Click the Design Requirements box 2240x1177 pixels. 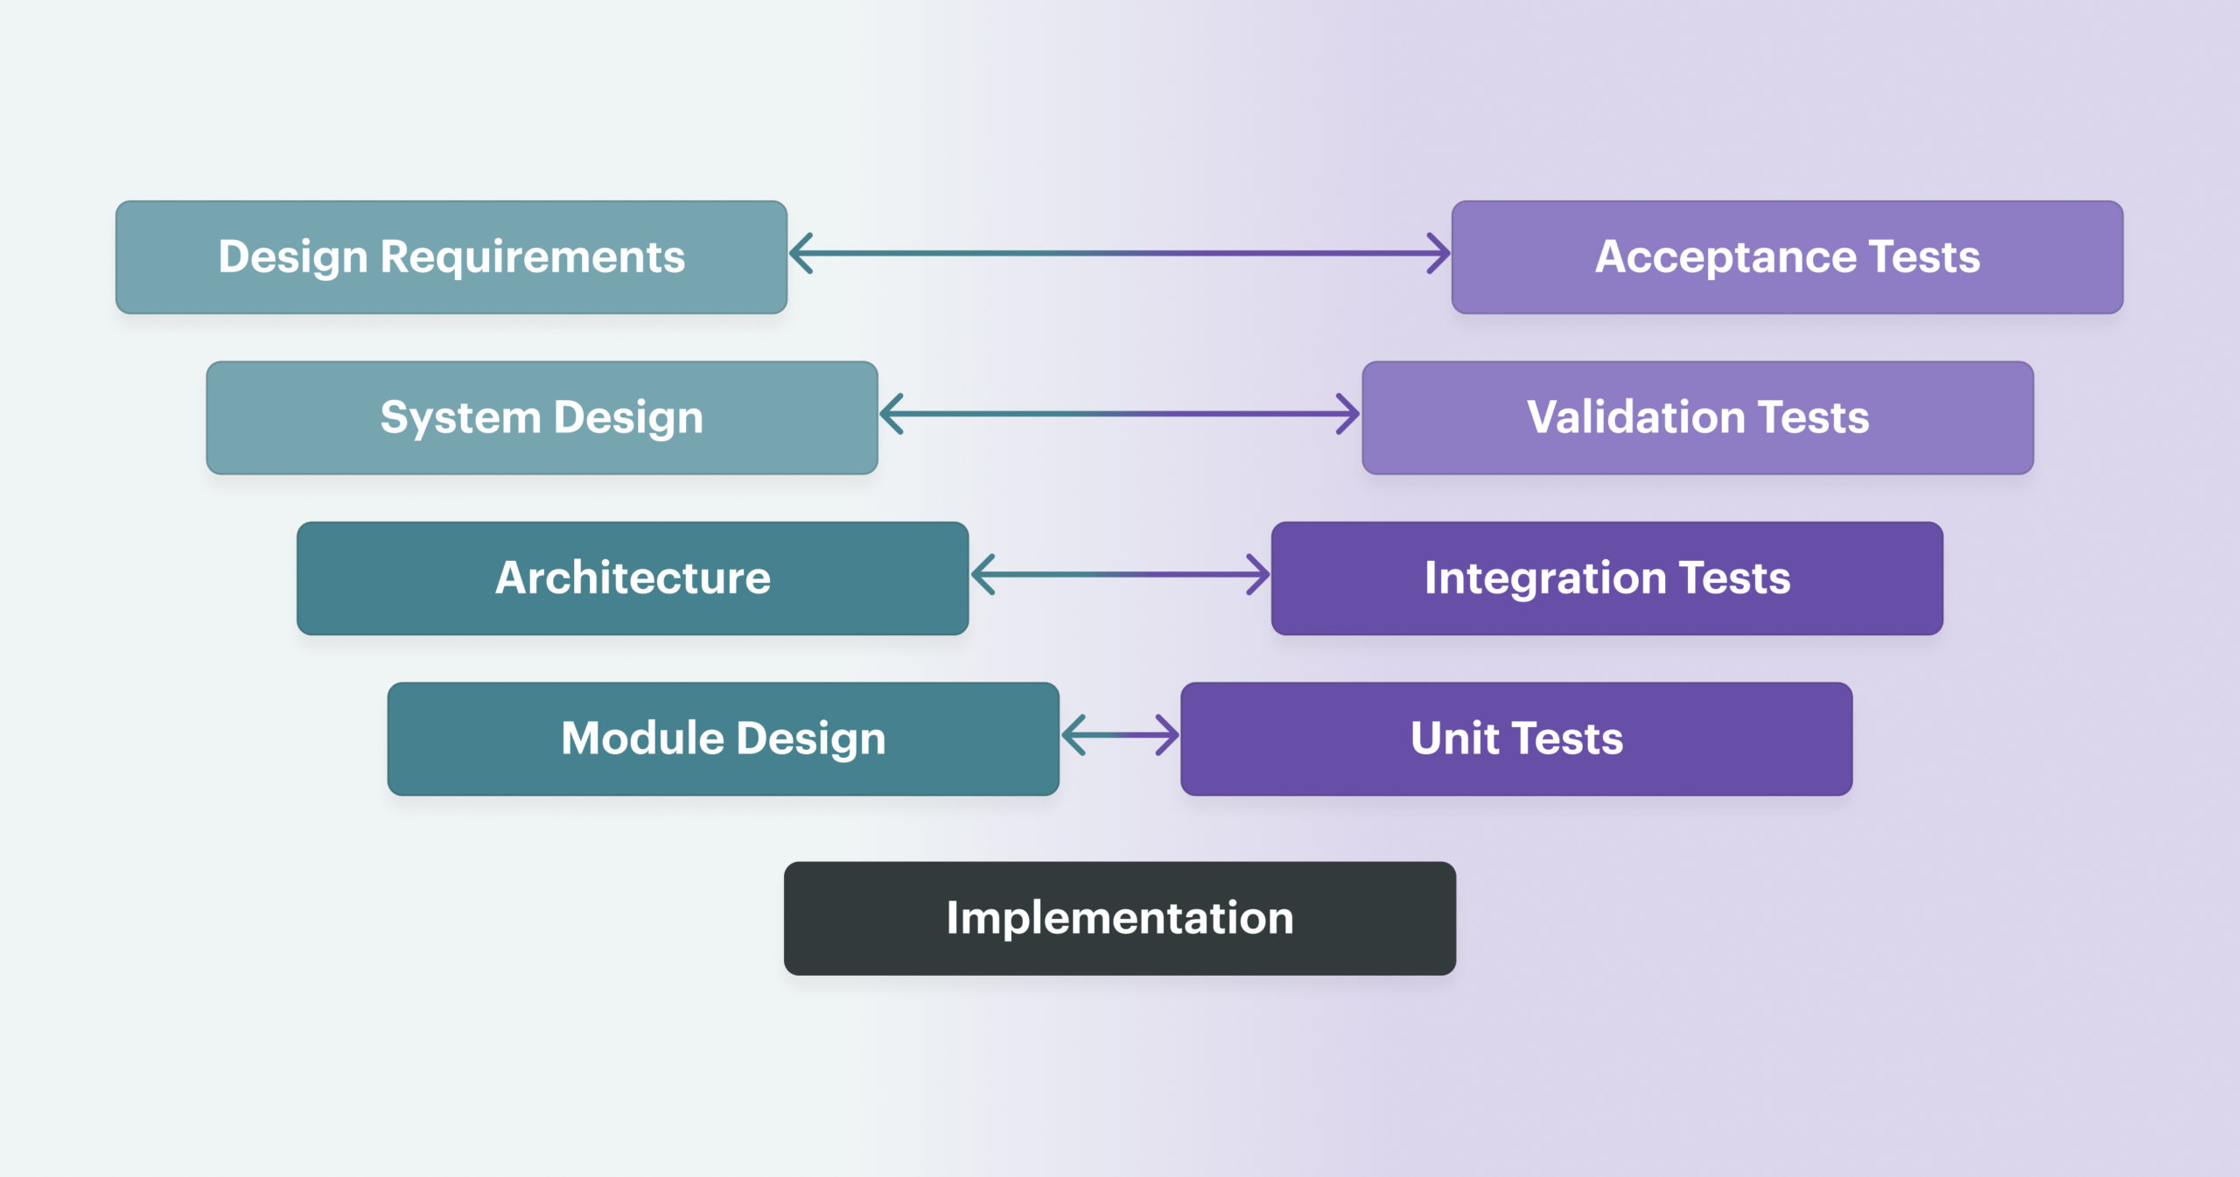tap(451, 257)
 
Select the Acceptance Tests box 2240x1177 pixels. tap(1788, 257)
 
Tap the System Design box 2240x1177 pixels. tap(542, 418)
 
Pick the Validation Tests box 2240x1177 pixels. tap(1698, 418)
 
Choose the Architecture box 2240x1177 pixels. tap(633, 578)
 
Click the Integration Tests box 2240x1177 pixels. tap(1607, 578)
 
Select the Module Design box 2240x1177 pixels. tap(724, 739)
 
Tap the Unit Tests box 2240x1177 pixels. tap(1516, 739)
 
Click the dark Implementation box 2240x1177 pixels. tap(1120, 919)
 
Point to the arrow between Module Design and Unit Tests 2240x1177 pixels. tap(1120, 735)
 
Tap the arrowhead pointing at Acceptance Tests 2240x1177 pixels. tap(1438, 254)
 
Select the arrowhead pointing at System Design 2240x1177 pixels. tap(891, 414)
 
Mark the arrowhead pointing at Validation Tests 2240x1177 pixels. tap(1348, 414)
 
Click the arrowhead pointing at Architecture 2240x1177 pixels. tap(982, 575)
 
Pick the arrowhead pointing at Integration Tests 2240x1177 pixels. tap(1258, 575)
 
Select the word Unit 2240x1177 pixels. tap(1454, 739)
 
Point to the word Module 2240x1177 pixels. tap(642, 739)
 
